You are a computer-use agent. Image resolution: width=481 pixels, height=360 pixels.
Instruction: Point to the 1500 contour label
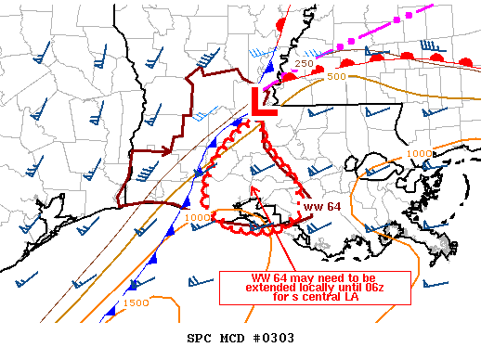(136, 303)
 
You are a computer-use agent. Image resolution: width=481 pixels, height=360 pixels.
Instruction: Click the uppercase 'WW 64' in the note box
(268, 277)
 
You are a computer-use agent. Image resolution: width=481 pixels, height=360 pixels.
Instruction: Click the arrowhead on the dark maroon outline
(168, 149)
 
